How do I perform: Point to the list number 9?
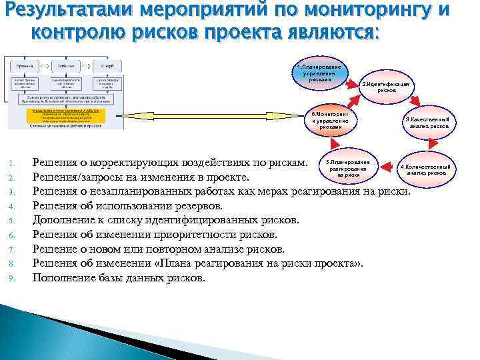click(13, 278)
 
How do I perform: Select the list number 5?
click(13, 220)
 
